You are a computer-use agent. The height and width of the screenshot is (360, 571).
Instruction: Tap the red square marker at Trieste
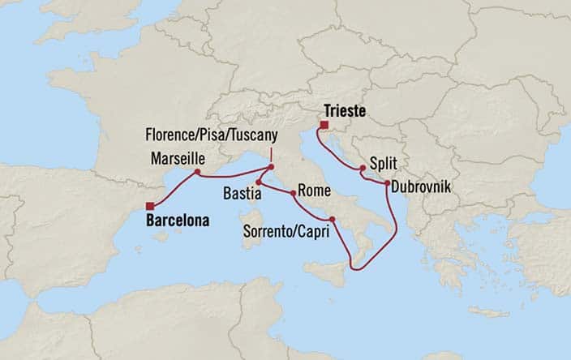pos(323,125)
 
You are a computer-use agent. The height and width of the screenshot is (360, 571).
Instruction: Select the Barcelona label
pos(178,220)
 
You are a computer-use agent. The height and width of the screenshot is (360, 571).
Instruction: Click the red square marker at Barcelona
pos(150,205)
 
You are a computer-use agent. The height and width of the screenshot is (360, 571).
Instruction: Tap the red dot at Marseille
pos(197,172)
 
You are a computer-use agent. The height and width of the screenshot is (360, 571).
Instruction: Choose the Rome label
pos(312,192)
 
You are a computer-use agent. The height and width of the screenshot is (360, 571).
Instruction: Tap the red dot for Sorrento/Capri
pos(332,220)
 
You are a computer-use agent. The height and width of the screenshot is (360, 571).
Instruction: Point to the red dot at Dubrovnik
pos(384,185)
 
